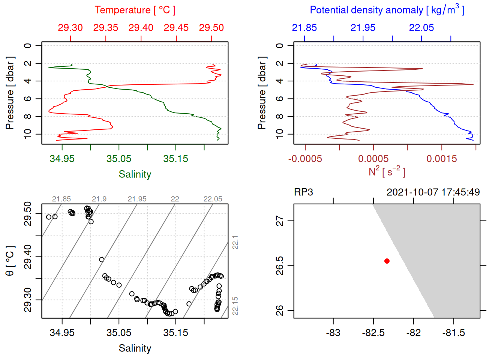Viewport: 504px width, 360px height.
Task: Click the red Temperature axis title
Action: (x=135, y=10)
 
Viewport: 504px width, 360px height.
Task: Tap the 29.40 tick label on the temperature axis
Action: (x=141, y=28)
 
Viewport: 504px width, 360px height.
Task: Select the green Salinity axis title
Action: (x=135, y=174)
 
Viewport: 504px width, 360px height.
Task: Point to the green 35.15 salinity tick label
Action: (x=175, y=159)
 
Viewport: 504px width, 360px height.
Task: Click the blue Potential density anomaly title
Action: (x=387, y=10)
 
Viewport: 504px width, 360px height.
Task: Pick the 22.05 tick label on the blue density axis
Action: (x=421, y=28)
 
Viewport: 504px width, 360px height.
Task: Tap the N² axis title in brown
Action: (x=387, y=171)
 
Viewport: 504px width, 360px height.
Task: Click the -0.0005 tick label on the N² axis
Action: (x=305, y=159)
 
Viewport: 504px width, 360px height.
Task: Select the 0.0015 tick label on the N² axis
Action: (x=442, y=159)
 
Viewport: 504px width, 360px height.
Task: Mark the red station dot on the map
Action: (x=387, y=261)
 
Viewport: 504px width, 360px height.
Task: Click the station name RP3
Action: (x=303, y=192)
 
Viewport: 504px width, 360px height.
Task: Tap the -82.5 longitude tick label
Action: (x=373, y=333)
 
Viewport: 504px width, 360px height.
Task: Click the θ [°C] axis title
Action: (x=10, y=261)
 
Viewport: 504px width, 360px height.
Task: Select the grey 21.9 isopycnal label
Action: (x=99, y=199)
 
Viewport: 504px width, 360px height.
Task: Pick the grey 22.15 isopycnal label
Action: (x=235, y=306)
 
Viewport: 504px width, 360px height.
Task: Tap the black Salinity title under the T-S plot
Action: (x=135, y=348)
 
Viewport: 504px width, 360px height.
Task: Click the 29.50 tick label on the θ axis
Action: (x=28, y=214)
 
